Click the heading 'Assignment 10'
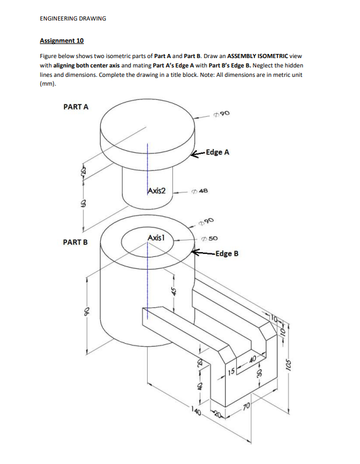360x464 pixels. click(62, 40)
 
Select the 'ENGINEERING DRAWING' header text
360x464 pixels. click(73, 18)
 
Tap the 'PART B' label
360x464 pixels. click(74, 242)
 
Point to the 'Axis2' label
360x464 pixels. click(157, 191)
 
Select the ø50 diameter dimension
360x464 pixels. click(211, 239)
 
